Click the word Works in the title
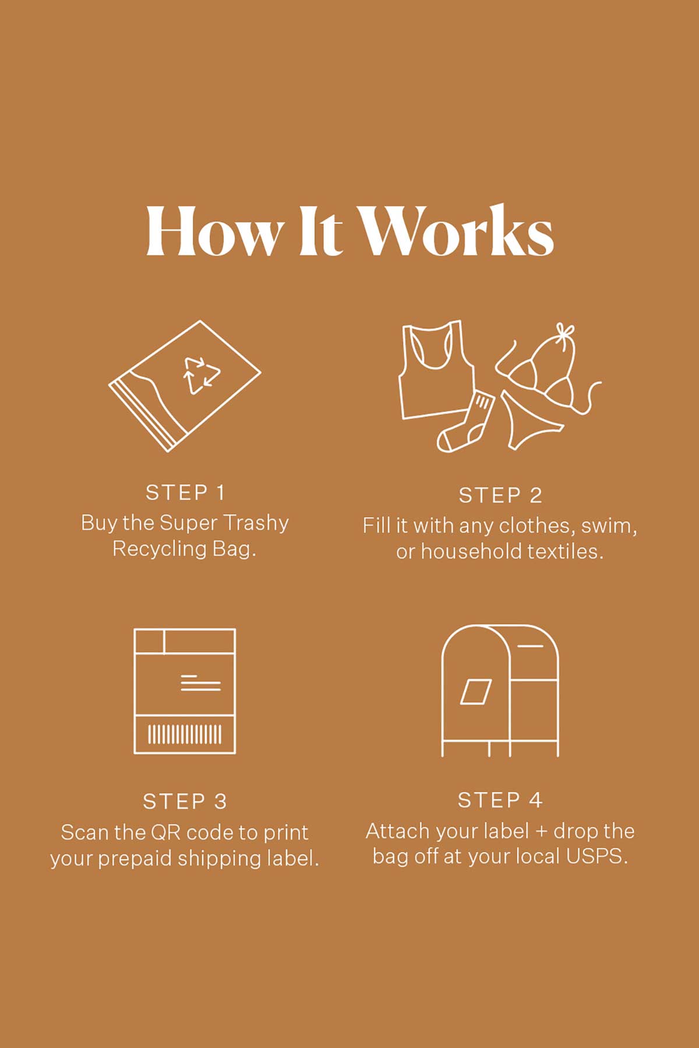455,231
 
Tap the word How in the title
213,231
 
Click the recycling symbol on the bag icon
202,375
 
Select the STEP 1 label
185,493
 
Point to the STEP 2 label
500,496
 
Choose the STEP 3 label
185,802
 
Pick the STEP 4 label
500,800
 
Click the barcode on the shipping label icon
185,734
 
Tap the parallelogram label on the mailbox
476,691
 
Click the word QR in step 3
165,832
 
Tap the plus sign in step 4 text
541,832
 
